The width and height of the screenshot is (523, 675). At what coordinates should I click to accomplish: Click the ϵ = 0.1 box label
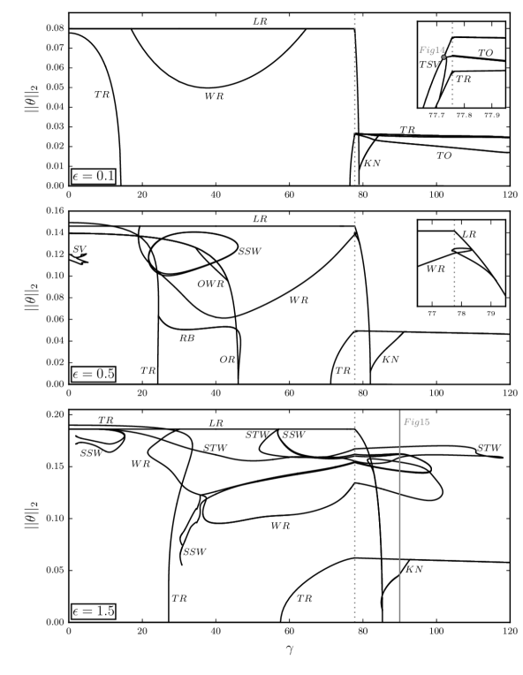94,176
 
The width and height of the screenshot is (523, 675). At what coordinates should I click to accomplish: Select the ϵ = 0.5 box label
94,374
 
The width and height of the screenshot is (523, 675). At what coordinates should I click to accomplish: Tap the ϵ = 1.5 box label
94,611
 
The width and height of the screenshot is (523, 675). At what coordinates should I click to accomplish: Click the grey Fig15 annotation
417,422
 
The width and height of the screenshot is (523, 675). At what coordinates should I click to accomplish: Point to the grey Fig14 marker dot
443,57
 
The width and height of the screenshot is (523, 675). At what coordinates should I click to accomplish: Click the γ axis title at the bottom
289,648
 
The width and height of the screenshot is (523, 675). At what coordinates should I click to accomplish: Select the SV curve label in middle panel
80,249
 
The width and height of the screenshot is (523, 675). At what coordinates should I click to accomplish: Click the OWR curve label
211,284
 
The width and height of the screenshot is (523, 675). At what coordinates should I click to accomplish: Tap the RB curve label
187,338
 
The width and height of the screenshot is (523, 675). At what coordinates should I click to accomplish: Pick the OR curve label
227,360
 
